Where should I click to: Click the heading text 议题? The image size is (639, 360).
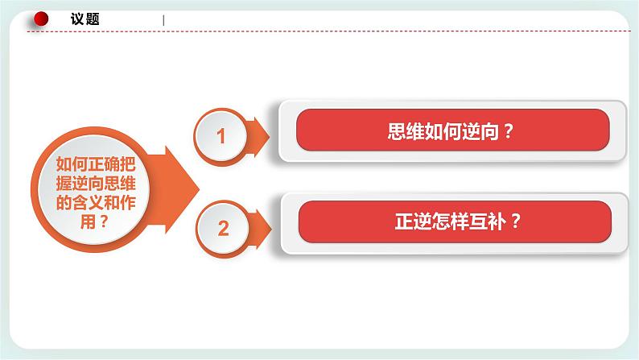click(85, 19)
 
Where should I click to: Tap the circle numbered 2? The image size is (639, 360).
click(223, 228)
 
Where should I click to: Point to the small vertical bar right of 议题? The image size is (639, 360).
click(163, 20)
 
